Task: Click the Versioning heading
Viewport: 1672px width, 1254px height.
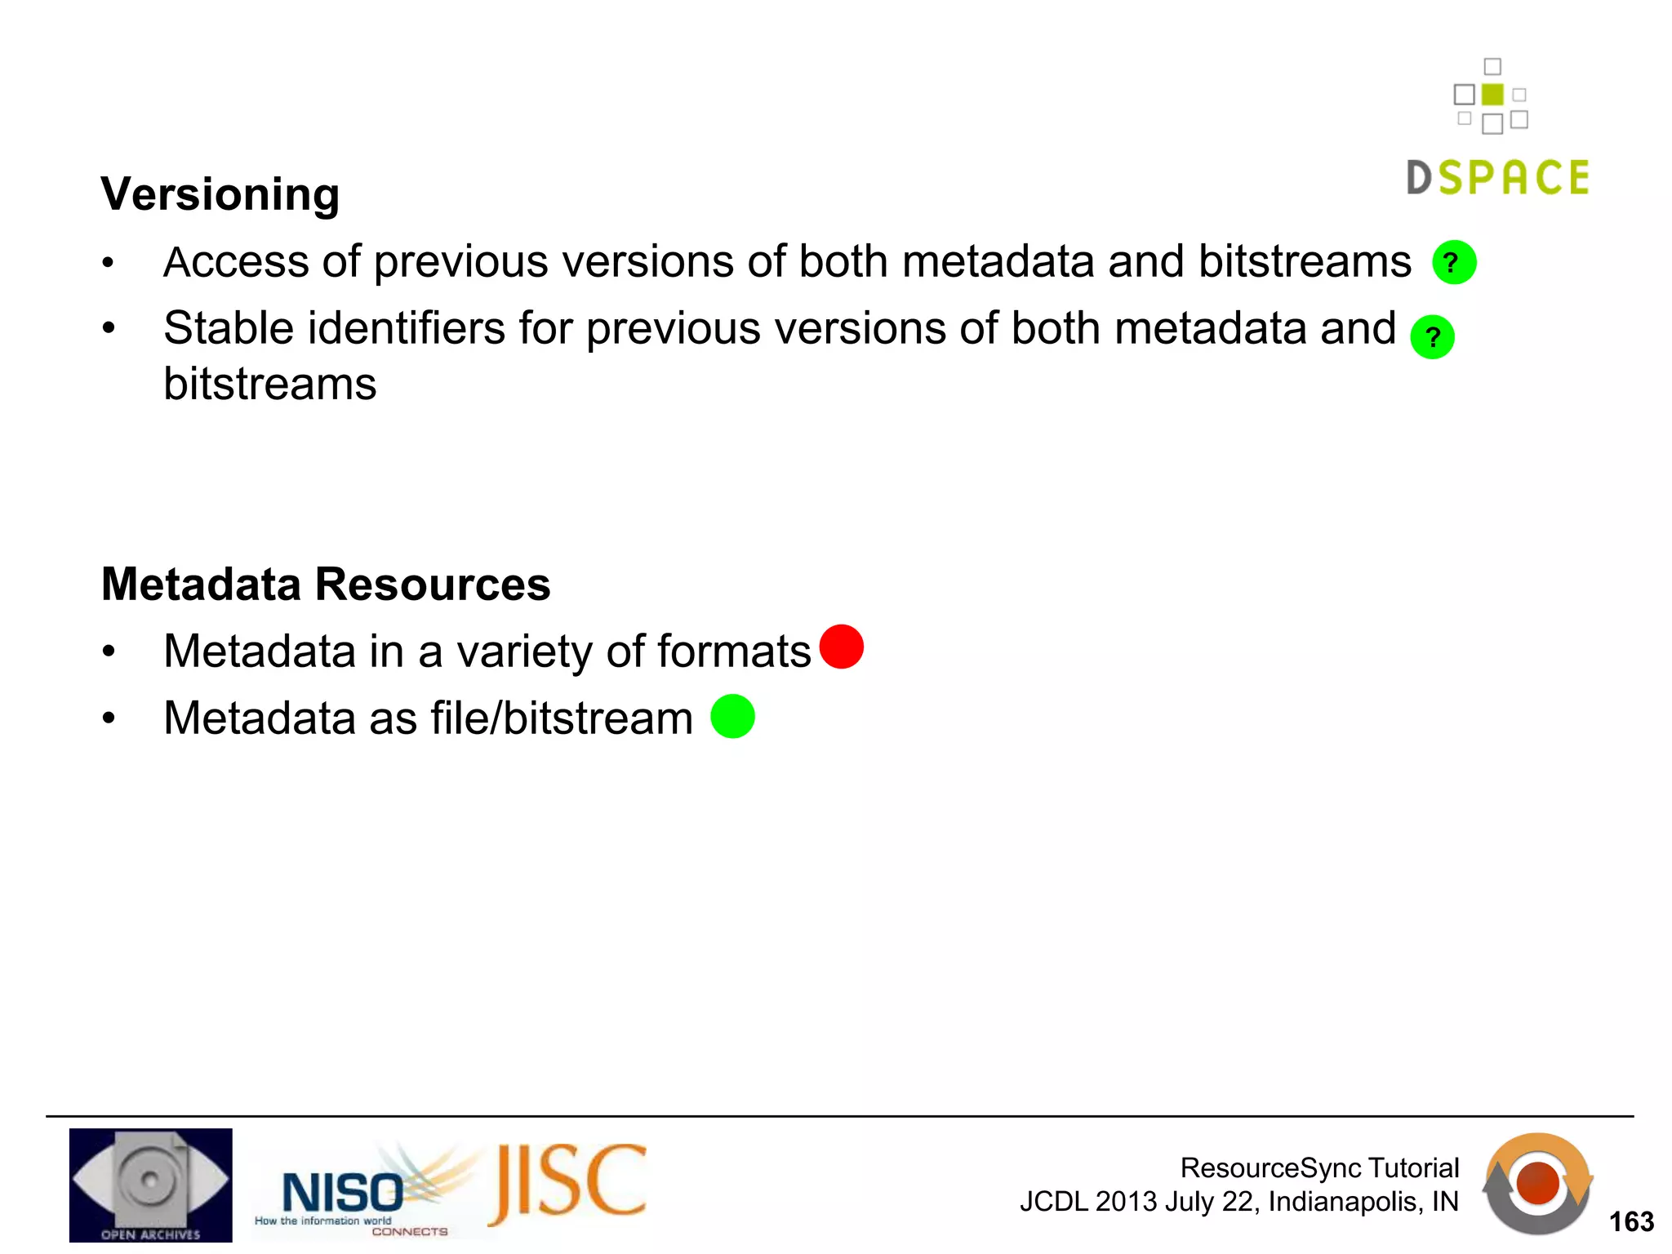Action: pos(220,194)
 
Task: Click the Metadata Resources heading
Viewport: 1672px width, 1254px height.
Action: pos(326,585)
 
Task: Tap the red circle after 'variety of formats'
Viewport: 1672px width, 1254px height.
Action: pos(842,647)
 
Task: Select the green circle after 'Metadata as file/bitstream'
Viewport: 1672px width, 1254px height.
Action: pos(732,717)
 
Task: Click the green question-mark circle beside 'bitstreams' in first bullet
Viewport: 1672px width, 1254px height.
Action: pos(1454,263)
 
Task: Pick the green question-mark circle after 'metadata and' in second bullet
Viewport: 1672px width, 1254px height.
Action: pos(1432,337)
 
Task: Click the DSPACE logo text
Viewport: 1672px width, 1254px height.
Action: pos(1498,178)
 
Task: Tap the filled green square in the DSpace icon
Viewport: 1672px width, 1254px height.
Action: pos(1492,95)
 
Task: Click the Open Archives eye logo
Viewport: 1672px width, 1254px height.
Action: pos(150,1185)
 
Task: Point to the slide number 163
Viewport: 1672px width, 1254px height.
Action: pos(1630,1221)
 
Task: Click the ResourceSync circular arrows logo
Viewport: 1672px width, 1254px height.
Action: pos(1537,1183)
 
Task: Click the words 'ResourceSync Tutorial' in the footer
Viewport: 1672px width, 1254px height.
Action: pos(1319,1167)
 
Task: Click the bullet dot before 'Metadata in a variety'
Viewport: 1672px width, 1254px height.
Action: pos(109,652)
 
